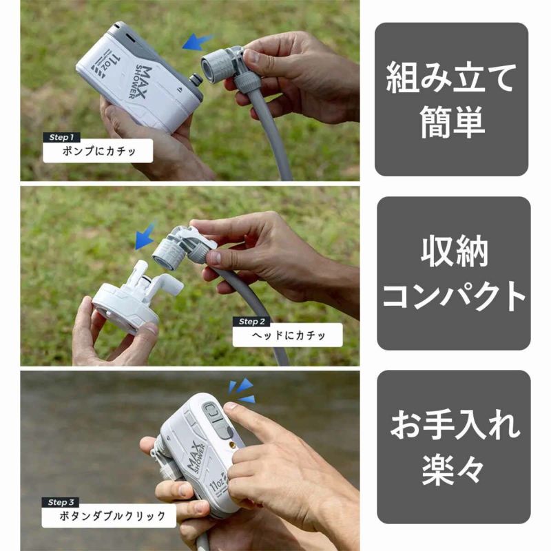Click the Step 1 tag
tap(61, 136)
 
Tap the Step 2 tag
tap(252, 321)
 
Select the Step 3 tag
tap(61, 501)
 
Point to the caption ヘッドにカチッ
tap(287, 335)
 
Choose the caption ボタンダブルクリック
tap(109, 517)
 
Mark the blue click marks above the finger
tap(242, 390)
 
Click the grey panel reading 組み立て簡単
tap(451, 98)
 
